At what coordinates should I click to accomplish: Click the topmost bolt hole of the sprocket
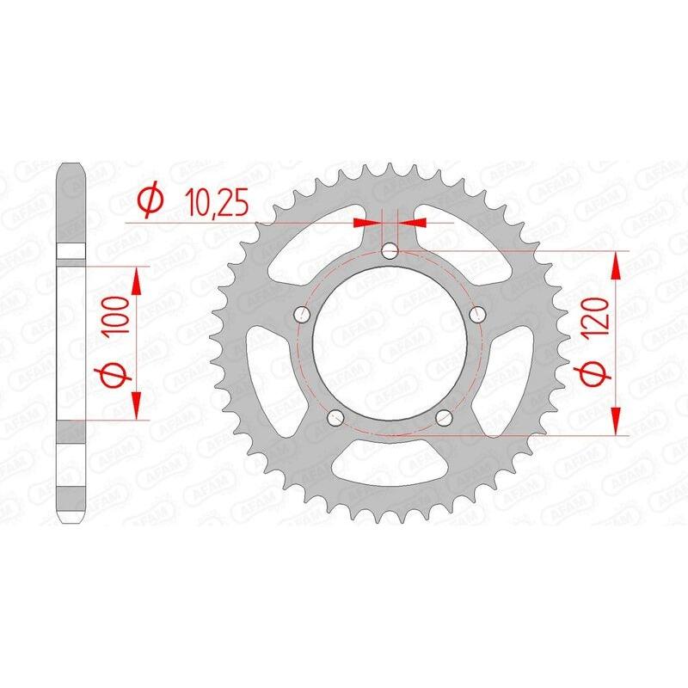pyautogui.click(x=390, y=251)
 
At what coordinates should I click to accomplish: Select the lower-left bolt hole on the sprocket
pyautogui.click(x=336, y=417)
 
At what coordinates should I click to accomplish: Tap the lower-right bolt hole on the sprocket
pyautogui.click(x=444, y=417)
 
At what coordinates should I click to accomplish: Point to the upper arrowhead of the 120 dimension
pyautogui.click(x=615, y=267)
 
